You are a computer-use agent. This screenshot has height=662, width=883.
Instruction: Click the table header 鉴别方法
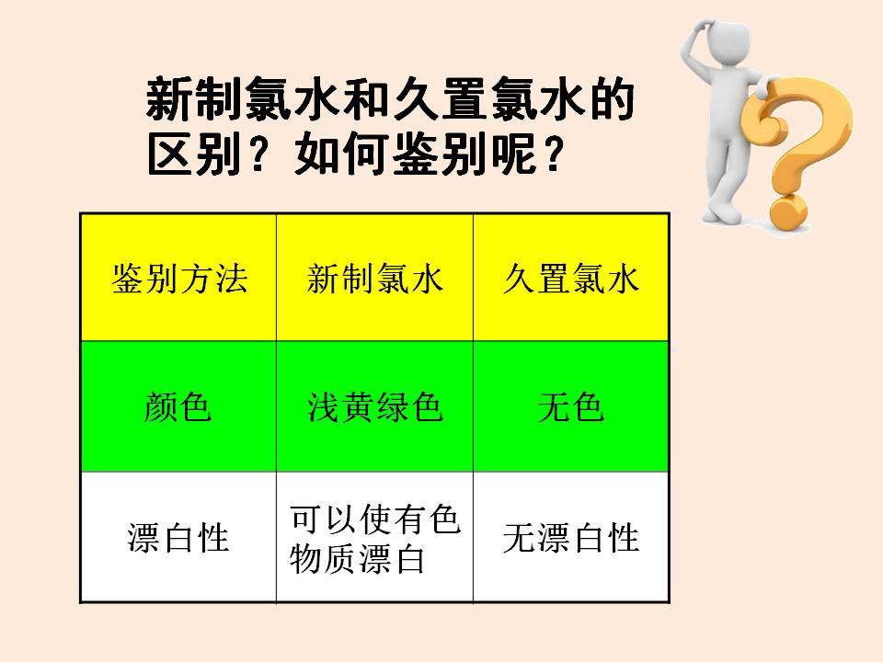pyautogui.click(x=179, y=279)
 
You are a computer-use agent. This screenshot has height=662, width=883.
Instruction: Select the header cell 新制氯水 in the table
pyautogui.click(x=375, y=279)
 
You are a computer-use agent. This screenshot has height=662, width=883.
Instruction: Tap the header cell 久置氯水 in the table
pyautogui.click(x=571, y=279)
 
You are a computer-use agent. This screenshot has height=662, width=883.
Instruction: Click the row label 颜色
pyautogui.click(x=178, y=406)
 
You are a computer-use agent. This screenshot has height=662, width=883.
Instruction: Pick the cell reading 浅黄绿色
pyautogui.click(x=375, y=406)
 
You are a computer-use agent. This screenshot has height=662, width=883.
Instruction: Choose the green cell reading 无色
pyautogui.click(x=571, y=406)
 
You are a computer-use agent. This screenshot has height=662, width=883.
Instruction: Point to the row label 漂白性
pyautogui.click(x=178, y=538)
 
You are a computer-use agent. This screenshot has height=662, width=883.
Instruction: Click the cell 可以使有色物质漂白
pyautogui.click(x=375, y=539)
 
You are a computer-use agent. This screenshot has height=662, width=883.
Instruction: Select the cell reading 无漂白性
pyautogui.click(x=571, y=538)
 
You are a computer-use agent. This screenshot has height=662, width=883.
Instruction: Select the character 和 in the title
pyautogui.click(x=368, y=99)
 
